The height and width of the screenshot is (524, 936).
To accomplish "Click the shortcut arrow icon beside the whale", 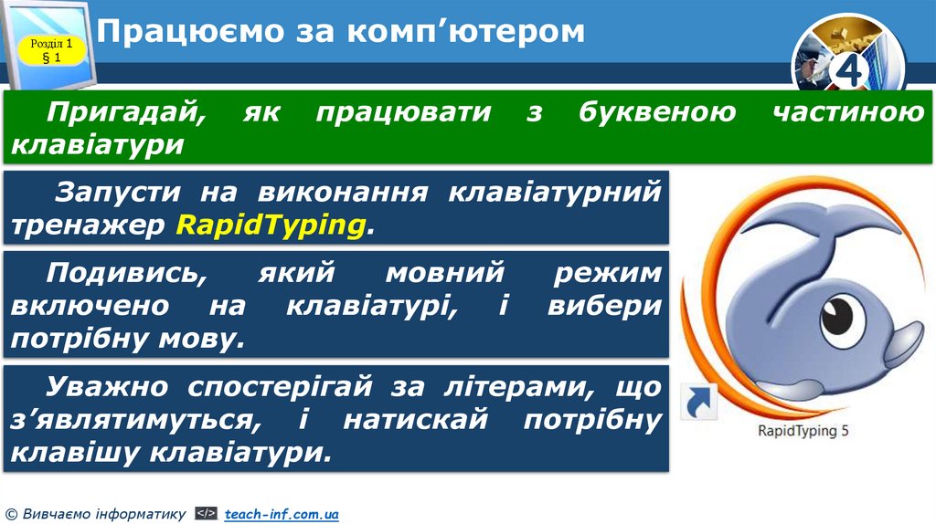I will click(699, 403).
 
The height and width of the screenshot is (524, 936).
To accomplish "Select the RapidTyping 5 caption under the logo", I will click(804, 431).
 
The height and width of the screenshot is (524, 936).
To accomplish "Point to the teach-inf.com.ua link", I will click(282, 515).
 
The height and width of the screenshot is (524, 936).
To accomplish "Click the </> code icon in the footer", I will click(207, 515).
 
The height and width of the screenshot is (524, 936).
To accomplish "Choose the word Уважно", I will click(108, 386).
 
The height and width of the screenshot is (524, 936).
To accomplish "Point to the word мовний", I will click(445, 272).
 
